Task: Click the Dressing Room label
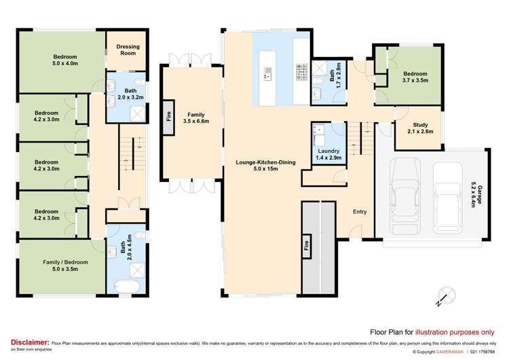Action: coord(128,50)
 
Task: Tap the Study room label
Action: coord(420,128)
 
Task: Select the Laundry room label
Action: coord(328,154)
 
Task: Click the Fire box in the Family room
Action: coord(168,117)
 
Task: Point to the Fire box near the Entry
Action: coord(306,246)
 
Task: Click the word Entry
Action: coord(360,211)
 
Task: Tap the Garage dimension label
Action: coord(476,196)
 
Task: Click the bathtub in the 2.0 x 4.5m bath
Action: coord(128,287)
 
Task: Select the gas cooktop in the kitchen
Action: coord(301,72)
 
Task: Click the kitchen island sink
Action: coord(268,73)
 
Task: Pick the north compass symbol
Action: coord(446,297)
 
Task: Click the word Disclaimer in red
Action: coord(30,342)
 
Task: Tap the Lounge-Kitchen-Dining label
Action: coord(265,165)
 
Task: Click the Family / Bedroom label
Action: coord(65,266)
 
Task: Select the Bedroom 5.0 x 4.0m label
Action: coord(65,60)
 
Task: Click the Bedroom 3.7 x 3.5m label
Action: coord(415,77)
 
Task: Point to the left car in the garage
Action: coord(405,196)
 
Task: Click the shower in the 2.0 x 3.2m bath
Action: coord(138,113)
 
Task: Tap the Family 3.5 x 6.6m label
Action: coord(196,118)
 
